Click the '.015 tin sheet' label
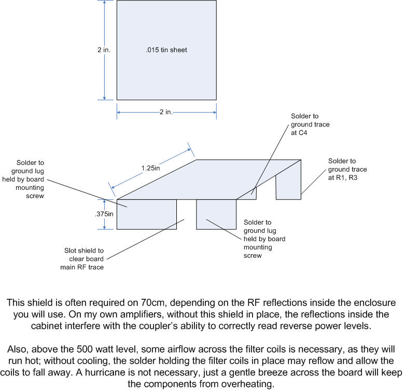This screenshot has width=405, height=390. pos(166,50)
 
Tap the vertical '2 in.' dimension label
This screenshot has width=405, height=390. pos(104,50)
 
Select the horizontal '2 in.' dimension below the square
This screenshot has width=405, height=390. pos(166,112)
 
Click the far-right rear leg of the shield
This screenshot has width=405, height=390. pos(289,187)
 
